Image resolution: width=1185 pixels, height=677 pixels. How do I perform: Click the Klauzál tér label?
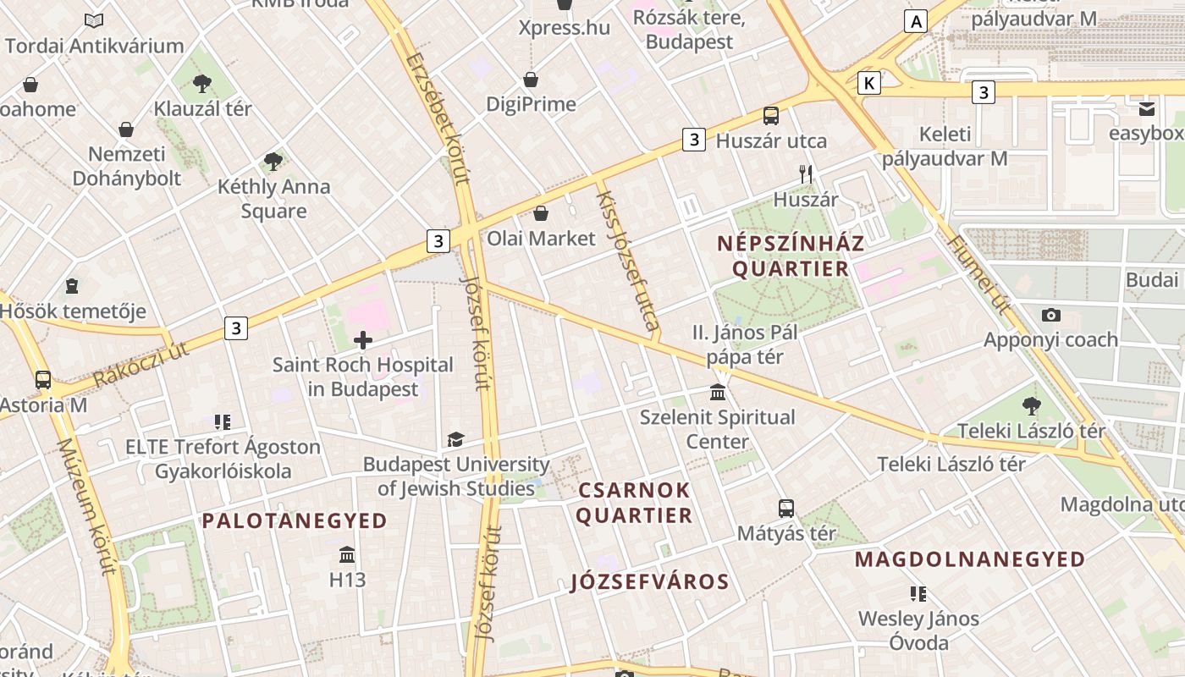point(202,108)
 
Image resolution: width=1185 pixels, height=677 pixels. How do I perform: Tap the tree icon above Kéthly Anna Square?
point(273,161)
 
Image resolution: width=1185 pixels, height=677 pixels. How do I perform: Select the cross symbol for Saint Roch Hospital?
point(363,340)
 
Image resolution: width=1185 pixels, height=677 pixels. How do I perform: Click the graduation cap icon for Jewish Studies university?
point(455,439)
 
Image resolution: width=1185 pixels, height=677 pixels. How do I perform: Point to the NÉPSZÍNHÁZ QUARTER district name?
point(791,256)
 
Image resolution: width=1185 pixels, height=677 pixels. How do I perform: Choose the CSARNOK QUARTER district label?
point(634,503)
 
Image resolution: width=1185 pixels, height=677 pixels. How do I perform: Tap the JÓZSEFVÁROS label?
point(649,581)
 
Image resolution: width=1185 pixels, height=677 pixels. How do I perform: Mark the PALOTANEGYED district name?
point(295,520)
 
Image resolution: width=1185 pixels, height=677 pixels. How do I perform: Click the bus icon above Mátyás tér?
point(786,509)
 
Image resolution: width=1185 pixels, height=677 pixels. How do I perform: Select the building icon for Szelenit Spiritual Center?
point(718,392)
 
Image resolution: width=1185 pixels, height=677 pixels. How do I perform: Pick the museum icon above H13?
point(347,555)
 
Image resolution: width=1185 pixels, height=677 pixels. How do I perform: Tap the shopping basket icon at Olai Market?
point(541,213)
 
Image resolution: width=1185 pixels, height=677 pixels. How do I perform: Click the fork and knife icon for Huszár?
point(806,174)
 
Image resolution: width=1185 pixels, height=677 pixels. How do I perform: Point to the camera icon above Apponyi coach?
point(1051,315)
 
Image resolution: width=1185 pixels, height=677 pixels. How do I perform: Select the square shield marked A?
point(915,21)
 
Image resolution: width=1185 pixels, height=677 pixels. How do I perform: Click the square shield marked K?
point(868,83)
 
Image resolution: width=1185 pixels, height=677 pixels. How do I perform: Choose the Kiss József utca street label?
point(627,260)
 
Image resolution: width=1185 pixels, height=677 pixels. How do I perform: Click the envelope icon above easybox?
point(1147,108)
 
